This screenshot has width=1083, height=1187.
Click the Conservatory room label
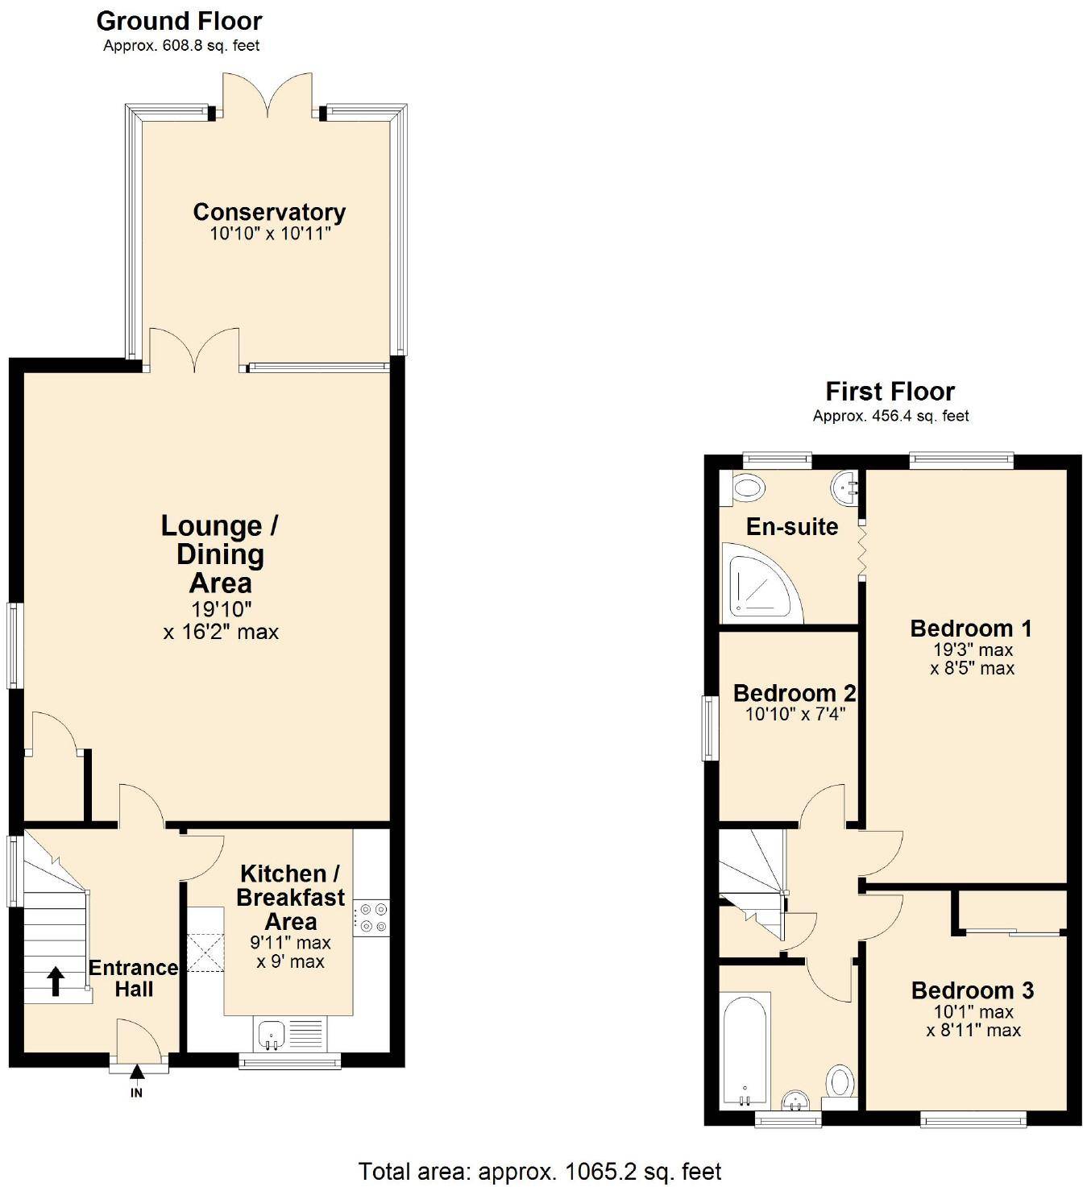pyautogui.click(x=269, y=212)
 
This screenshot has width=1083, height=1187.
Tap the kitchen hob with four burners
pyautogui.click(x=371, y=918)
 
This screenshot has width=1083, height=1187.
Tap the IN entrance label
pyautogui.click(x=136, y=1093)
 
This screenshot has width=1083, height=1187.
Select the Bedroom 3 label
pyautogui.click(x=973, y=990)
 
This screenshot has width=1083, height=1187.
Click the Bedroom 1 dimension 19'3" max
pyautogui.click(x=973, y=650)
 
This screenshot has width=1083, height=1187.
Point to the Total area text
pyautogui.click(x=540, y=1172)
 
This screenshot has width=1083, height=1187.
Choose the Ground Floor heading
pyautogui.click(x=180, y=21)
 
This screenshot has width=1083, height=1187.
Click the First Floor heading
pyautogui.click(x=890, y=392)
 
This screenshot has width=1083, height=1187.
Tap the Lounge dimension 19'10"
pyautogui.click(x=221, y=609)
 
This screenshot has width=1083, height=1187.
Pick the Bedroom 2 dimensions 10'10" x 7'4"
pyautogui.click(x=795, y=714)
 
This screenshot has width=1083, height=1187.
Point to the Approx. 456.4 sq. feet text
pyautogui.click(x=890, y=416)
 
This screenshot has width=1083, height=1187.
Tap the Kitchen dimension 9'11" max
pyautogui.click(x=290, y=943)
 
